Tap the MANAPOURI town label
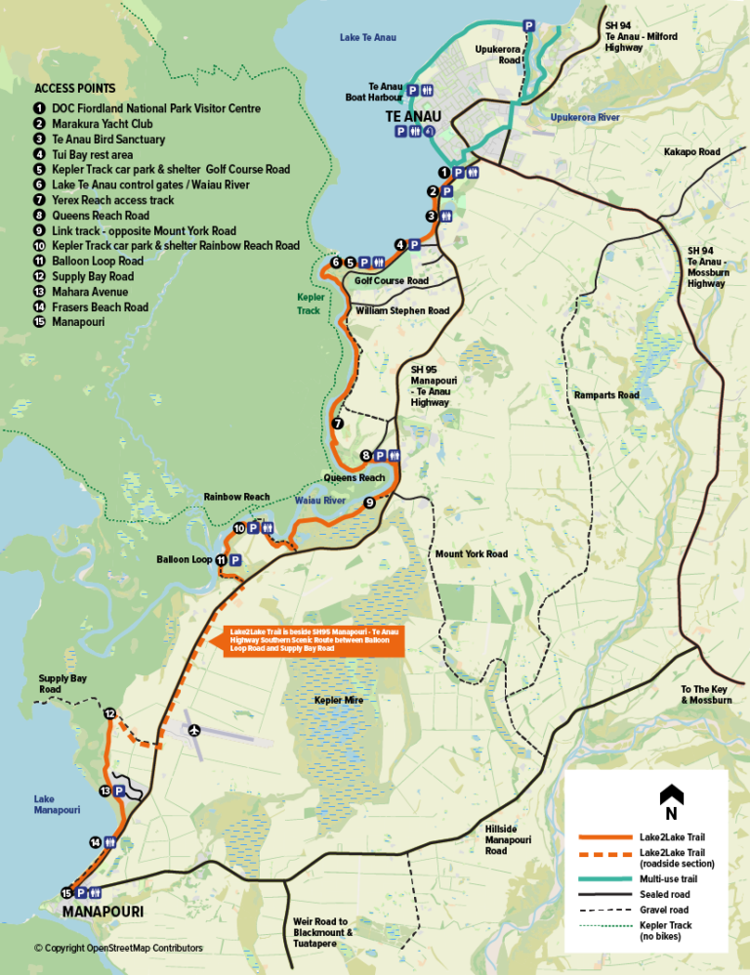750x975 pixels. tap(103, 912)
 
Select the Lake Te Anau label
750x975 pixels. tap(368, 38)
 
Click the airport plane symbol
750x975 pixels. tap(194, 728)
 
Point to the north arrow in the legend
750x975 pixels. tap(670, 797)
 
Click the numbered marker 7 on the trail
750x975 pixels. tap(337, 424)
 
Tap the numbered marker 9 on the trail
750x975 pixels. tap(369, 503)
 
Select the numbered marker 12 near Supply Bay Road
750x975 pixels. tap(110, 714)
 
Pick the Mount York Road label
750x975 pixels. tap(472, 554)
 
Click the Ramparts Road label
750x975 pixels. tap(606, 395)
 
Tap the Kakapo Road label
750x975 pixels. tap(691, 152)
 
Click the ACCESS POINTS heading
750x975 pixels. tap(74, 87)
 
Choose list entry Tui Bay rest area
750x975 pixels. tap(94, 154)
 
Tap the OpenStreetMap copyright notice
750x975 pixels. tap(118, 948)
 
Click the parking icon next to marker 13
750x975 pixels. tap(120, 791)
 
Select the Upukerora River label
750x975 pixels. tap(585, 117)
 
